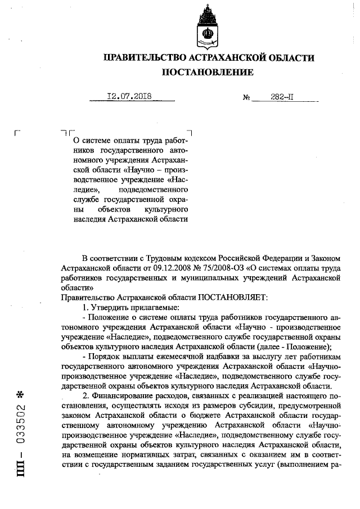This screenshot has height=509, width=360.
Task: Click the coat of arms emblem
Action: click(208, 28)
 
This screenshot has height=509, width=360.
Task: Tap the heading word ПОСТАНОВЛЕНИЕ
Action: click(208, 72)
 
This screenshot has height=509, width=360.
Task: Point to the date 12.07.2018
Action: click(130, 96)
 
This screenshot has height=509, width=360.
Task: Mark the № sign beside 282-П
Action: click(246, 97)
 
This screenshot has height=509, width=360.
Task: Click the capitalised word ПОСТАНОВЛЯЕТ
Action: click(233, 296)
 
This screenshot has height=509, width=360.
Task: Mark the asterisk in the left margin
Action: click(22, 393)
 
